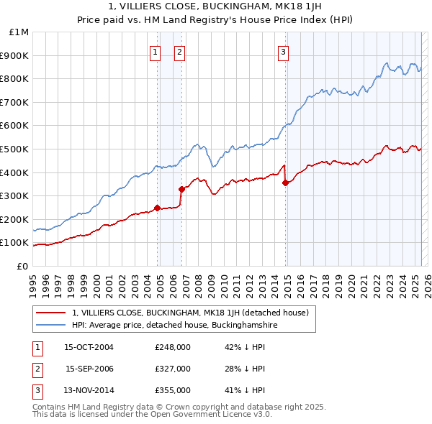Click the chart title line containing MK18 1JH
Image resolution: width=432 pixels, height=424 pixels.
tap(215, 8)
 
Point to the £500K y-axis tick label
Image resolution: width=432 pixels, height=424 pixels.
tap(16, 149)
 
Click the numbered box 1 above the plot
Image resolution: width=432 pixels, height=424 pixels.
tap(155, 52)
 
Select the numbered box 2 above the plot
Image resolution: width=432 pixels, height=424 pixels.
tap(179, 52)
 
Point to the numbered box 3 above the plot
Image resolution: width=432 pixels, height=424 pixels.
tap(283, 52)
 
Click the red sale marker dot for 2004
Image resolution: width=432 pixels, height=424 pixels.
tap(158, 208)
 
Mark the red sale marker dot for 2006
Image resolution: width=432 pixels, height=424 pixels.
tap(181, 189)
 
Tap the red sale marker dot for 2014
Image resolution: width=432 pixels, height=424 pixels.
tap(286, 183)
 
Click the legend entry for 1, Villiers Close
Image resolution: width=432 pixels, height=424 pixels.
tap(190, 313)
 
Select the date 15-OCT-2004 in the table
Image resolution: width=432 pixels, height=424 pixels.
tap(89, 347)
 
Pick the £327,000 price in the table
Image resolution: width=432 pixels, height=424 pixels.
tap(173, 369)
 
